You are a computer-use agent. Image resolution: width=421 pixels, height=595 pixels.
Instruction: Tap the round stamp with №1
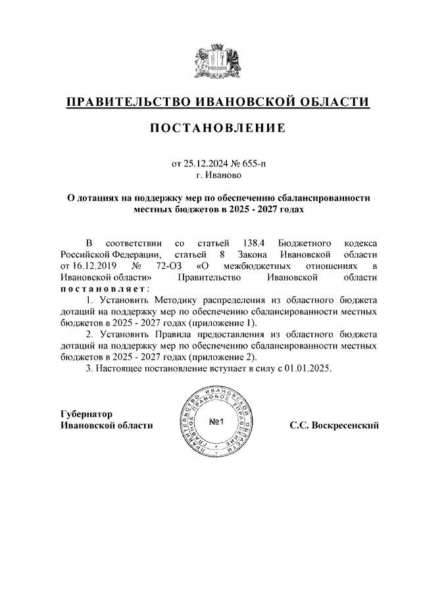tap(217, 421)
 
